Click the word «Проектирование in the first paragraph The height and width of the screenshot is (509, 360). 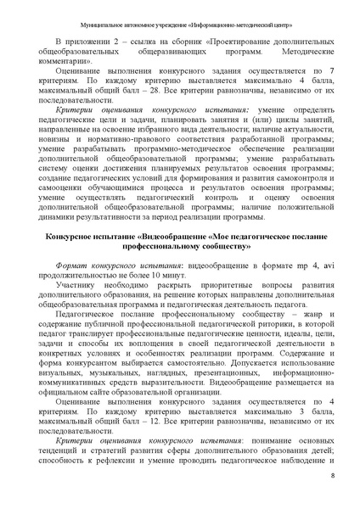tap(209, 42)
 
